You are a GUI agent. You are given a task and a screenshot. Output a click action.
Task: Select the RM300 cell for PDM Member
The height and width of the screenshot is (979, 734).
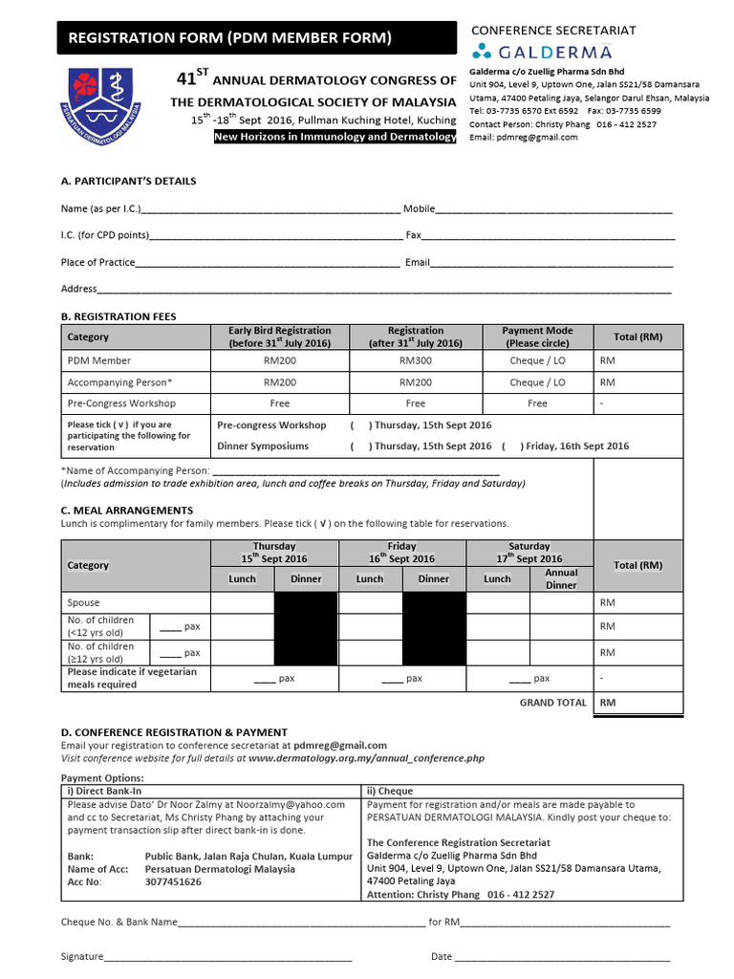(415, 360)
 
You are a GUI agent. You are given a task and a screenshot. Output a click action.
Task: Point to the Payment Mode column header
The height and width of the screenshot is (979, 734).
(537, 337)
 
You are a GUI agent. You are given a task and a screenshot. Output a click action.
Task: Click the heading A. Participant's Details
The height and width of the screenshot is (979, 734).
(128, 181)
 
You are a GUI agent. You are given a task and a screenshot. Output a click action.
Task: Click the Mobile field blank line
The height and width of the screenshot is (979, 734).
(554, 210)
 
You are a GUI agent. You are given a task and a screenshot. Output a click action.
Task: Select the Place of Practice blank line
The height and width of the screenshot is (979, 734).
(268, 264)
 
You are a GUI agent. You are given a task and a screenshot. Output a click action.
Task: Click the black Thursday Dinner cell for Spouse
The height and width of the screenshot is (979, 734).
(306, 603)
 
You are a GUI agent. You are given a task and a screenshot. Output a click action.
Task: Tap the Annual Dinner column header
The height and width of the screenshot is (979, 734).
(561, 578)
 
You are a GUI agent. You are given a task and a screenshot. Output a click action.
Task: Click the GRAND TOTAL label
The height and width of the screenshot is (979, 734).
(552, 703)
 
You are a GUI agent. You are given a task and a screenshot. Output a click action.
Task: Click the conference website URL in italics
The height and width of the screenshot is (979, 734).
(366, 758)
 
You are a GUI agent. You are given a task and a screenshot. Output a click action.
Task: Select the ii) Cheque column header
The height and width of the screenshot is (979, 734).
(390, 791)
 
